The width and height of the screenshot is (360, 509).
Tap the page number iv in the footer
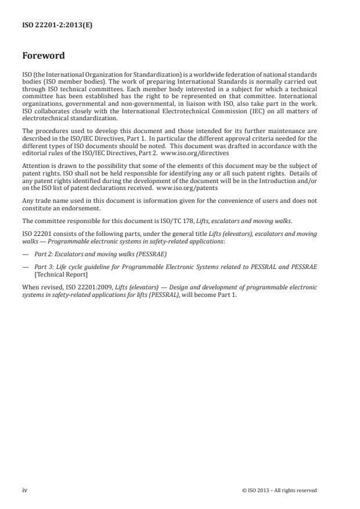tap(24, 490)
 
